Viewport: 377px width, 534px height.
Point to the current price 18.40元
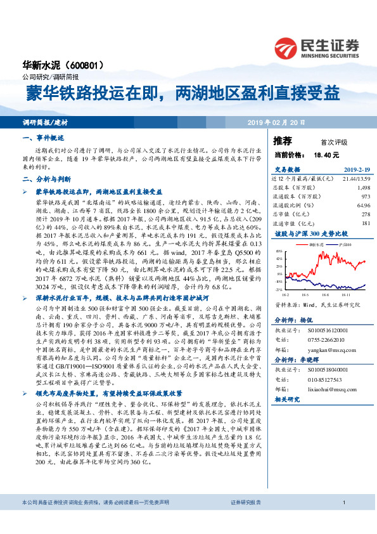326,154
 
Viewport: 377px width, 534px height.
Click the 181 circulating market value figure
364,223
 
